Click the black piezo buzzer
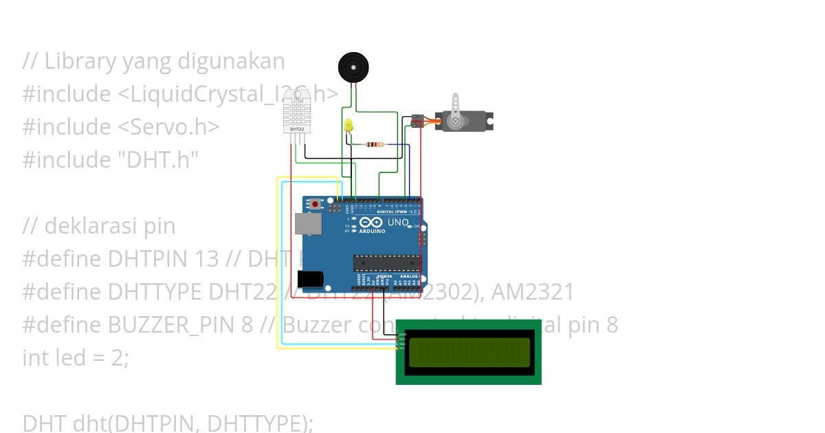coord(353,67)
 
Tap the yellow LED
coord(349,125)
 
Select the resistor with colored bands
coord(374,144)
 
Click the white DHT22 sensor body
coord(297,113)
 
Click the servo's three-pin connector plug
coord(416,122)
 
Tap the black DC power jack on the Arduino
coord(310,278)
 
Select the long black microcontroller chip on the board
coord(386,263)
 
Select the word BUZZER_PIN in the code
coord(179,325)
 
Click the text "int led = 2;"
coord(76,358)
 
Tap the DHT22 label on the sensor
coord(297,129)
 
